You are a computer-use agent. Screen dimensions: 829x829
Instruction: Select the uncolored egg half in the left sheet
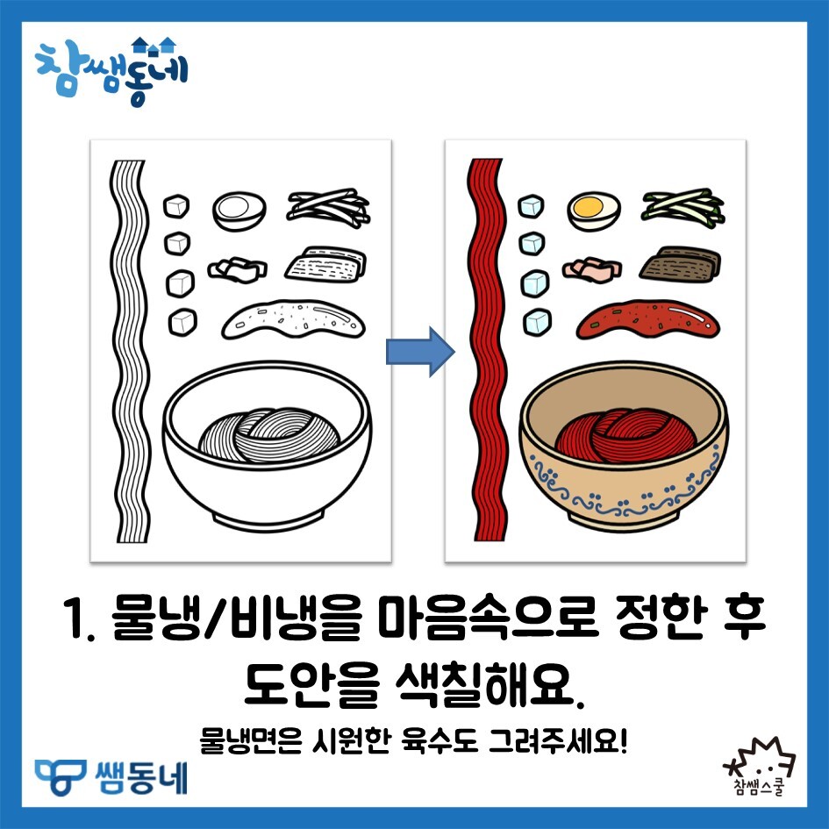(239, 211)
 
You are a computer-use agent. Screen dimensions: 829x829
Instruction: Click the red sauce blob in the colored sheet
(648, 319)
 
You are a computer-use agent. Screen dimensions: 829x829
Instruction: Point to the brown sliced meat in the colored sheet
(679, 264)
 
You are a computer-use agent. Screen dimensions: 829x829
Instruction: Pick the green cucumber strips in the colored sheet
(682, 208)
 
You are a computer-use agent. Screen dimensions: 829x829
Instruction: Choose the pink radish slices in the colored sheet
(591, 270)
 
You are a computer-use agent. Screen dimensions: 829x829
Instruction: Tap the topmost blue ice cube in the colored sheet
(531, 206)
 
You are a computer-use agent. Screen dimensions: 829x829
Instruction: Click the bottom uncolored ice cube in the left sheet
(183, 322)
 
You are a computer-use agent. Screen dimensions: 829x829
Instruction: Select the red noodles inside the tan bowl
(625, 435)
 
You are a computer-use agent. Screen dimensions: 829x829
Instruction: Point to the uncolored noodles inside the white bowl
(269, 435)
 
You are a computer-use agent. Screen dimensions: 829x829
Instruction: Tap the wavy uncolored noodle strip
(130, 351)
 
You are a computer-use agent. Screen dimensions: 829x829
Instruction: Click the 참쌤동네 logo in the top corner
(111, 71)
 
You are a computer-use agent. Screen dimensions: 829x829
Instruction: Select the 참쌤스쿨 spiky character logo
(759, 766)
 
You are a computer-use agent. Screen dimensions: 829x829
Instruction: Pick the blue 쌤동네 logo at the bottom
(111, 777)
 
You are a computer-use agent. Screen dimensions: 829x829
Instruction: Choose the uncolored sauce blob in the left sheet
(293, 319)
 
